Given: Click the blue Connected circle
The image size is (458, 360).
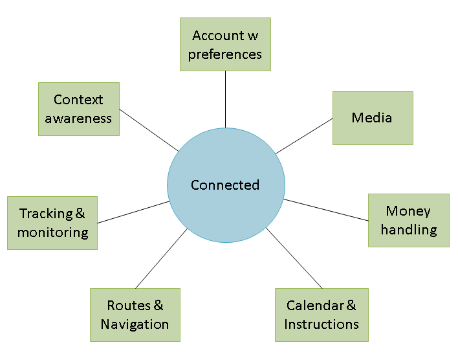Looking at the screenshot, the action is [x=226, y=185].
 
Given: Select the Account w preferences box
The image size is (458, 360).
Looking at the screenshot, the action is [x=225, y=44].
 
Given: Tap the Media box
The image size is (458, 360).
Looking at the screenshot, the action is [x=373, y=118].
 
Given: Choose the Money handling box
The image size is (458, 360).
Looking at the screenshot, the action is [x=409, y=220].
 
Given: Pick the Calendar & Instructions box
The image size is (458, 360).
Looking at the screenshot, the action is [x=322, y=315].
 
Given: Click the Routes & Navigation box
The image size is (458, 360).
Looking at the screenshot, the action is [x=135, y=315].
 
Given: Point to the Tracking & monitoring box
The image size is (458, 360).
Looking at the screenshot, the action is [x=52, y=223].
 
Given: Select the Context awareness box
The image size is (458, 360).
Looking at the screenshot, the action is [x=79, y=109].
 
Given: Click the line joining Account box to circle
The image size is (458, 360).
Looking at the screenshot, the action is [x=225, y=100].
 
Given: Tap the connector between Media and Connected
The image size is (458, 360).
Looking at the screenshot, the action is [x=304, y=136].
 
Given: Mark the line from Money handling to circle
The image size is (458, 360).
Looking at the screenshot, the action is [x=325, y=210].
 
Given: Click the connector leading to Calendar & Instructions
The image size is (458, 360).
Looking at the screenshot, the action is [x=294, y=258].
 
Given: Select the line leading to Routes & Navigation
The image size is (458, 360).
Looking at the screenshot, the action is [x=161, y=258].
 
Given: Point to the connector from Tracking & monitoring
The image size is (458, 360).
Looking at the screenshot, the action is [x=133, y=212].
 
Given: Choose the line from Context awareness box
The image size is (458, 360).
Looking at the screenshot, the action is [x=149, y=130].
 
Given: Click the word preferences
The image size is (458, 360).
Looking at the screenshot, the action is [x=225, y=54].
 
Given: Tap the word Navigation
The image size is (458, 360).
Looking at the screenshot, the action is [x=135, y=324].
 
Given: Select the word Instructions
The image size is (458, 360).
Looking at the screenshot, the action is [x=322, y=324].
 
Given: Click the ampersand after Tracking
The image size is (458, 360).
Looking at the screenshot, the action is [x=80, y=213].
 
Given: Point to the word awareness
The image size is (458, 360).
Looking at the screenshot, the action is [x=78, y=118].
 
